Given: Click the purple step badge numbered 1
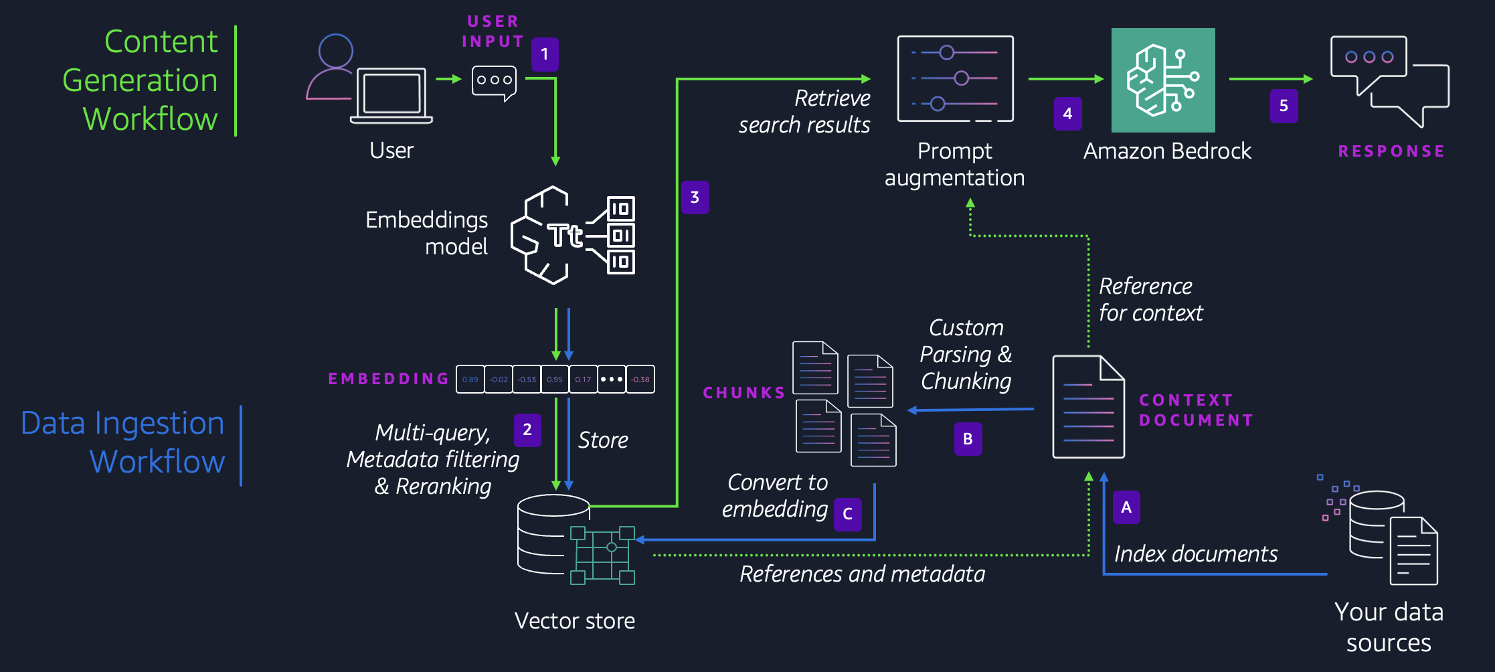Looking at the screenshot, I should coord(545,54).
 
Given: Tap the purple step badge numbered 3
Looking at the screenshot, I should coord(695,197).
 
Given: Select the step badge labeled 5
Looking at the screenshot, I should coord(1284,106).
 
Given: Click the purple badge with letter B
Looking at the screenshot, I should coord(968,439).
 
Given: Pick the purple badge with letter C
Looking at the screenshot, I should coord(847,514).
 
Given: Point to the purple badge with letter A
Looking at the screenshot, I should coord(1126,507).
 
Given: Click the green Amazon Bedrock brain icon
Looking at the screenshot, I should coord(1163,80).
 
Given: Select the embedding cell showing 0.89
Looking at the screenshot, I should coord(470,380).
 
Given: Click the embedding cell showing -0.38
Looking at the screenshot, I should coord(640,380).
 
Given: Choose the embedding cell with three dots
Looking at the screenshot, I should coord(612,380).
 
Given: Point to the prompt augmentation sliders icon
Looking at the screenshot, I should coord(955,79).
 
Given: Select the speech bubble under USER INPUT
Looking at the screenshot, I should coord(494,82).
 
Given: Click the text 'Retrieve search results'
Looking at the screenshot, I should coord(804,112).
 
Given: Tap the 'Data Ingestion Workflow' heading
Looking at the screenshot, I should coord(123,442).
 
